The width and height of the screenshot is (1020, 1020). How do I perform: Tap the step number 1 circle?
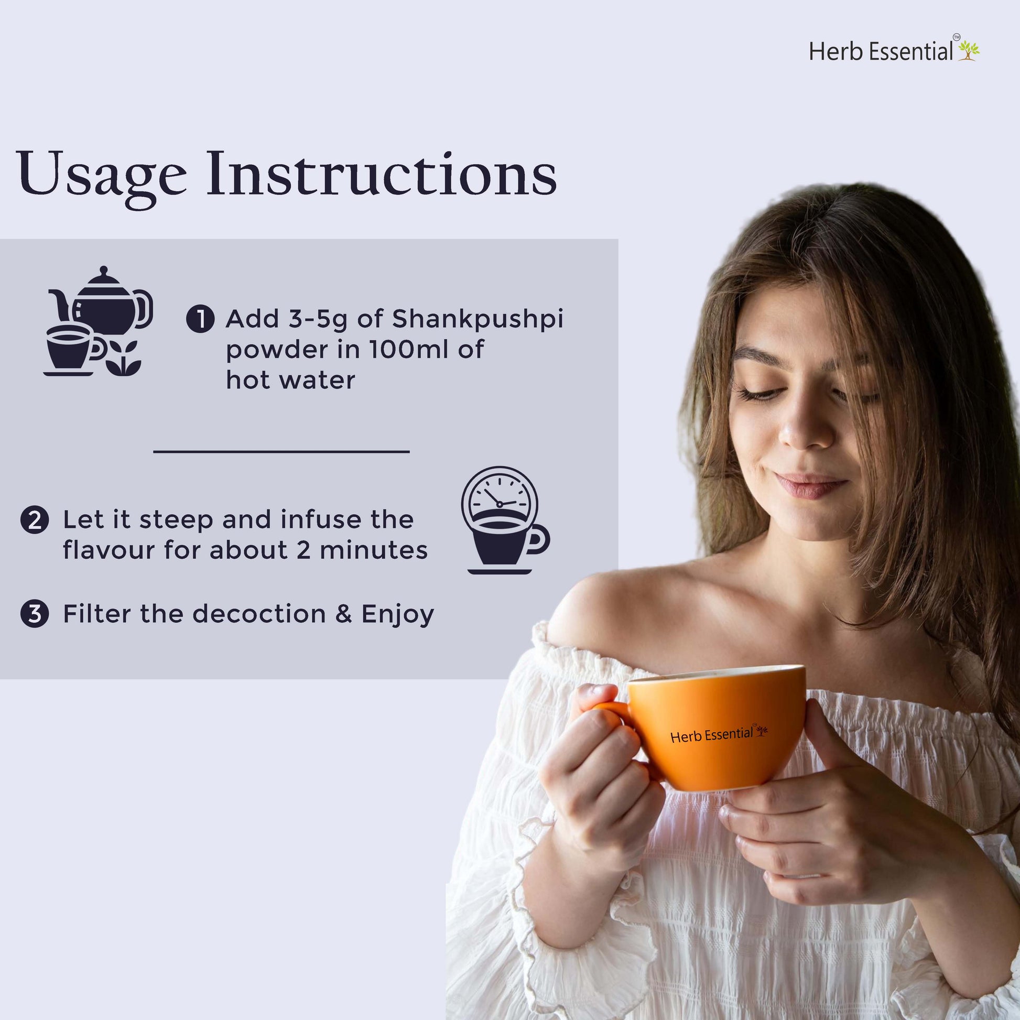coord(200,319)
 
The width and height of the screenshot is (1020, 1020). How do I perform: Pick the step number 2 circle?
coord(35,520)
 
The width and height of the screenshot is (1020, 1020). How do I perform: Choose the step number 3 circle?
coord(35,614)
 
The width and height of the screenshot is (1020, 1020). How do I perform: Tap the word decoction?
coord(259,614)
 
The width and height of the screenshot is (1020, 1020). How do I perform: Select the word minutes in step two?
coord(373,550)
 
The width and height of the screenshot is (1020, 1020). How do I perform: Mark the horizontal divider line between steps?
coord(281,451)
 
